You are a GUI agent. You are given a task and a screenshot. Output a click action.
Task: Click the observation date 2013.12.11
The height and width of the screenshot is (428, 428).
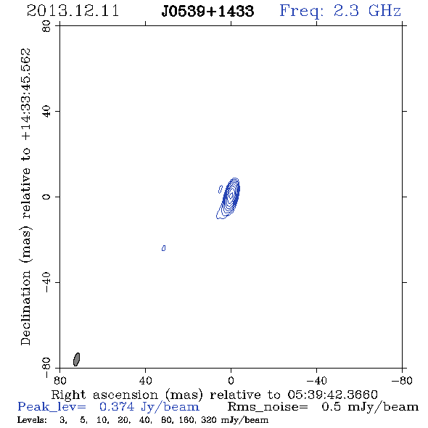[x=73, y=11]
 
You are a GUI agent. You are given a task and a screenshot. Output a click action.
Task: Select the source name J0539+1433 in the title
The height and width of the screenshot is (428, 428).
[x=207, y=11]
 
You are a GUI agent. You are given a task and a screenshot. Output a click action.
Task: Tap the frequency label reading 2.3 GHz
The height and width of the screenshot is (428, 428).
[x=367, y=11]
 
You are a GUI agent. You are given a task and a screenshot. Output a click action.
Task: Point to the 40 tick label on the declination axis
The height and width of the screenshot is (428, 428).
[x=46, y=112]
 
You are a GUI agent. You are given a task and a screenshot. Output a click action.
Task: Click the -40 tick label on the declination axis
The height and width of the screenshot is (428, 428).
[x=46, y=282]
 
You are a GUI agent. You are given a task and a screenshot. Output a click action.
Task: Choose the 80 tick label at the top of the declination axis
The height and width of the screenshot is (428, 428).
[x=46, y=26]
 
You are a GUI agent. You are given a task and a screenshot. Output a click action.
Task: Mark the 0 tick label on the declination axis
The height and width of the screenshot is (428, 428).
[x=46, y=197]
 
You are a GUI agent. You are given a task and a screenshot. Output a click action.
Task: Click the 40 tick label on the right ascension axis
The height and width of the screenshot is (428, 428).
[x=146, y=380]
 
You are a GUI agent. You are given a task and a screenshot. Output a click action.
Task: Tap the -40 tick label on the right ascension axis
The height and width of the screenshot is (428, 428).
[x=316, y=380]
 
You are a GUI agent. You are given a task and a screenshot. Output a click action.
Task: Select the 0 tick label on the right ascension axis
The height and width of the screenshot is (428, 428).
[x=231, y=380]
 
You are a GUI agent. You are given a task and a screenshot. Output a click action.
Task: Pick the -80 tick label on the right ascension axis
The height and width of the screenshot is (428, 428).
[x=402, y=380]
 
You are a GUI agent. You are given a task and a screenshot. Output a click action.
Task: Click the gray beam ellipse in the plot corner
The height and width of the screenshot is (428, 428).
[x=77, y=359]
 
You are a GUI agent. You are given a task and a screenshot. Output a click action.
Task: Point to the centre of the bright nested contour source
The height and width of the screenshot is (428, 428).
[x=231, y=195]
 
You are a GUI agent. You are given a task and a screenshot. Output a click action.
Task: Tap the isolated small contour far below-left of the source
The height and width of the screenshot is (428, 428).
[x=163, y=248]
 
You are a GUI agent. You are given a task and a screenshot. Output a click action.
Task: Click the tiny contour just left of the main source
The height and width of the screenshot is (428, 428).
[x=221, y=189]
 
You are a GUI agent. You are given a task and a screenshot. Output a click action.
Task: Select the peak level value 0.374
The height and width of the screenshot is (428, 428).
[x=117, y=407]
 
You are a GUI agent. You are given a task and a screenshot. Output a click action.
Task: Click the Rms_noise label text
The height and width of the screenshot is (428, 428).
[x=268, y=407]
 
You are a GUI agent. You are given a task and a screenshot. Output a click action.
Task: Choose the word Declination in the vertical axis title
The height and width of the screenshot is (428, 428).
[x=25, y=308]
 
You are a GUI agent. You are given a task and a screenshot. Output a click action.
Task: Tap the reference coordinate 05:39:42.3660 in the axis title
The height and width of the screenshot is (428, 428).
[x=332, y=395]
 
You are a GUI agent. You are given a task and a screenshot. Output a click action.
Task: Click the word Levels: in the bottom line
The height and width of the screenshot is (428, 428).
[x=32, y=420]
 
